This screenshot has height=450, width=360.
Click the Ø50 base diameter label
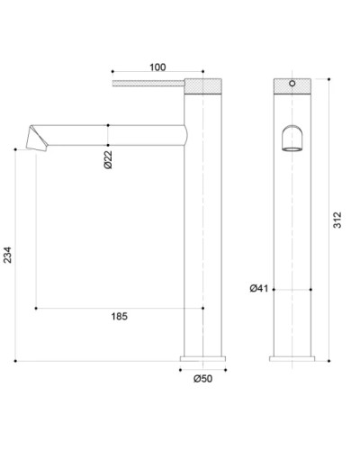202,379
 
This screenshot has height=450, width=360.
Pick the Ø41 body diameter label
258,288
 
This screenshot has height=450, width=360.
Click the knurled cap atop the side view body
202,85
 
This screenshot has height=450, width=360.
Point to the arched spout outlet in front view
292,139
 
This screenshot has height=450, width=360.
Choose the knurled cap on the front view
292,86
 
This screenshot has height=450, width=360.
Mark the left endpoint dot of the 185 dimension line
35,308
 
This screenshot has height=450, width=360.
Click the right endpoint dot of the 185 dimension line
202,308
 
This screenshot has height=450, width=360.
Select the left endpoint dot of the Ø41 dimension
274,290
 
